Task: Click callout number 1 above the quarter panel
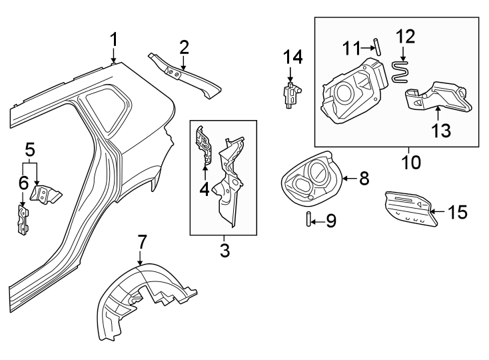[114, 40]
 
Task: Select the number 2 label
[184, 47]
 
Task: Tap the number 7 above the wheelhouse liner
[142, 242]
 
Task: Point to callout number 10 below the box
[411, 162]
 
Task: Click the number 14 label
[293, 57]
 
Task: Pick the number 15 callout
[458, 212]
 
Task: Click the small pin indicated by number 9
[308, 219]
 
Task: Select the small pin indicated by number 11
[378, 47]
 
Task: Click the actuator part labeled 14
[292, 95]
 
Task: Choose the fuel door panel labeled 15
[411, 209]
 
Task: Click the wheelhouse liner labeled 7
[147, 301]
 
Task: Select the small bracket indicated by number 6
[23, 219]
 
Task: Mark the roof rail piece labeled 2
[185, 76]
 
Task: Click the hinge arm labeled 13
[438, 96]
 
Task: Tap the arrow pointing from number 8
[349, 179]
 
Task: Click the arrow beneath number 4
[205, 172]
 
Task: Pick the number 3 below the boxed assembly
[225, 251]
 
